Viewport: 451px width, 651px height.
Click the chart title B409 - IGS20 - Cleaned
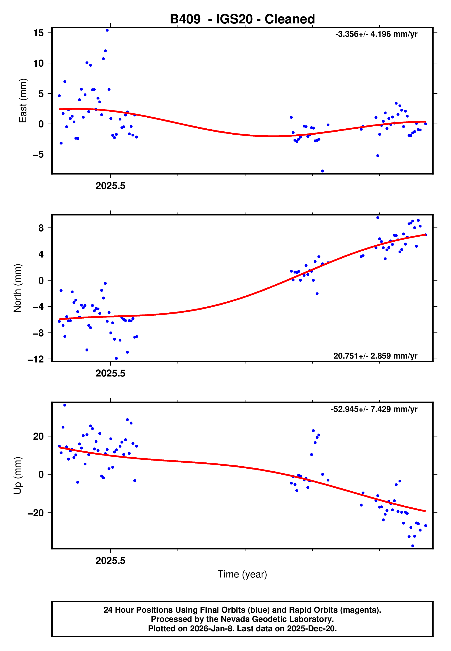[242, 19]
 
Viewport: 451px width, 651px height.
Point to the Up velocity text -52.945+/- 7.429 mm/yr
[374, 409]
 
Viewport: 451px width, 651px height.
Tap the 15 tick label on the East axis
[38, 33]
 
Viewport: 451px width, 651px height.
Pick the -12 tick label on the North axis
[36, 359]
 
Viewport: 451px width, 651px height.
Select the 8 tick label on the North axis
[41, 228]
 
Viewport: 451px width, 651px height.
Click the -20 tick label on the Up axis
[36, 513]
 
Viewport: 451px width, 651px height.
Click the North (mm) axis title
[17, 288]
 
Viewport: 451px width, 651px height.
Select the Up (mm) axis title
[17, 476]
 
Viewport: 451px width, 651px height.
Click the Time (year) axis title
[242, 574]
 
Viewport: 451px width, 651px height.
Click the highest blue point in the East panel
[107, 30]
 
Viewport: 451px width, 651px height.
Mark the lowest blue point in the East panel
[323, 171]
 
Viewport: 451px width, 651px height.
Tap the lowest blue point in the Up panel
[413, 546]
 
